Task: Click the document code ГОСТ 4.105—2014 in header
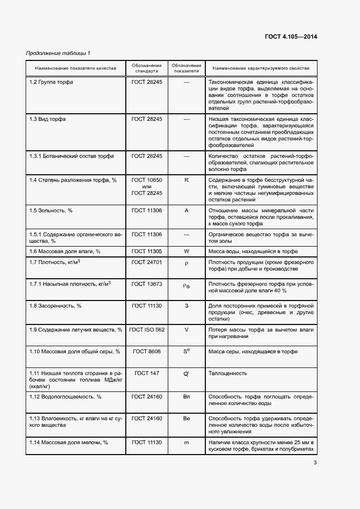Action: tap(291, 37)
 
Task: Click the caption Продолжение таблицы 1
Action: tap(58, 53)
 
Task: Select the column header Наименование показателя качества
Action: tap(76, 69)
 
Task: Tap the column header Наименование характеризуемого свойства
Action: tap(261, 69)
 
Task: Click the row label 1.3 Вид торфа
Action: tap(48, 119)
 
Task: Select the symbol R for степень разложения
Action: tap(186, 180)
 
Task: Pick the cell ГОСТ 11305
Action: tap(147, 251)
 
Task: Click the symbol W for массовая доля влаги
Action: tap(186, 251)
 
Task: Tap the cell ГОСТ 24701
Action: tap(147, 262)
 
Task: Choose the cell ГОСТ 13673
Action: tap(147, 284)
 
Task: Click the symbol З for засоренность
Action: tap(186, 306)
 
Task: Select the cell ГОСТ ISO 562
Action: tap(147, 329)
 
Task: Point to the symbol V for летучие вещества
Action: tap(186, 329)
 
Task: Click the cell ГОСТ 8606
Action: tap(147, 352)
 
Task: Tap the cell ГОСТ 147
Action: tap(147, 373)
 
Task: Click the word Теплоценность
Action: tap(228, 373)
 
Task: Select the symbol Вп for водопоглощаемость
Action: tap(186, 396)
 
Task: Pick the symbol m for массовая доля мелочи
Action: tap(186, 442)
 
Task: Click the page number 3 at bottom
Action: tap(315, 463)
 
